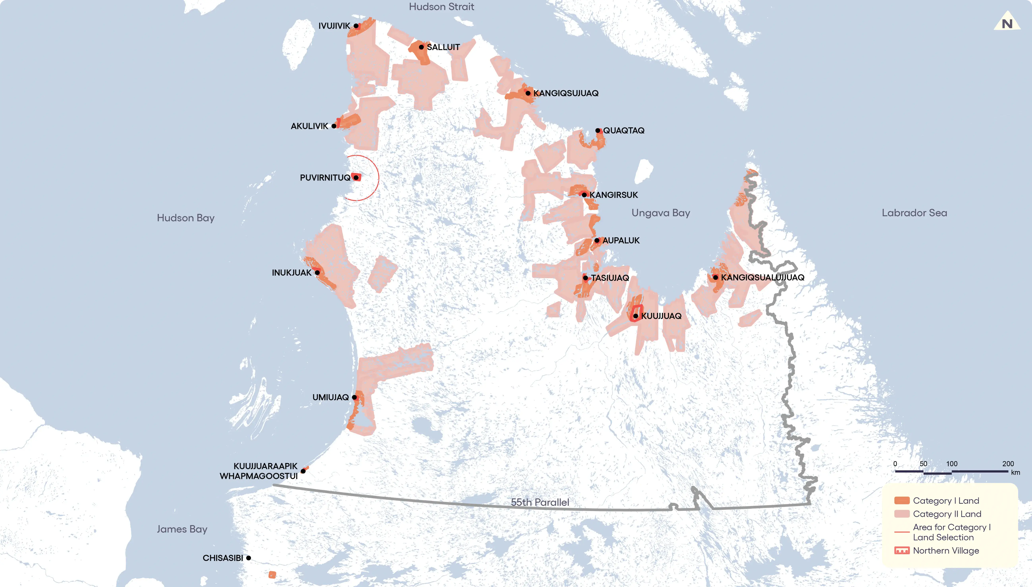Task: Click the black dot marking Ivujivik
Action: pyautogui.click(x=356, y=26)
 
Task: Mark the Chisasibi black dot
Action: pyautogui.click(x=248, y=558)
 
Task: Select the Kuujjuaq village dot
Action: pyautogui.click(x=635, y=316)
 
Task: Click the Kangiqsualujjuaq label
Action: pyautogui.click(x=762, y=277)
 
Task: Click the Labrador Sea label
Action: pyautogui.click(x=914, y=213)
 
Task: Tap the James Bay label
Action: pyautogui.click(x=182, y=529)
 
